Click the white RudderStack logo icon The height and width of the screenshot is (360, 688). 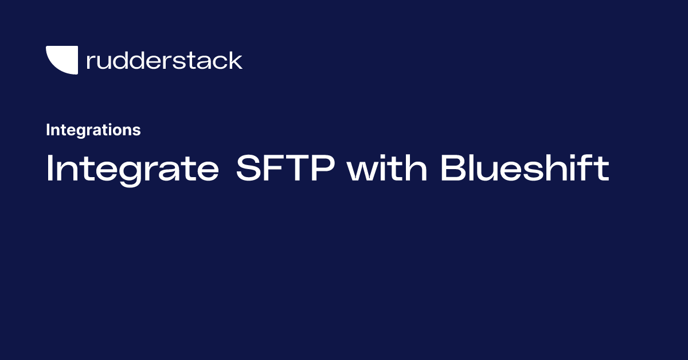[x=61, y=60]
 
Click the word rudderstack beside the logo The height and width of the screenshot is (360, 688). [x=164, y=60]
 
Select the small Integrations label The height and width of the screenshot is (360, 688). [x=93, y=130]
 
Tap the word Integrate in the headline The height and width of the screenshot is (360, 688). [x=132, y=169]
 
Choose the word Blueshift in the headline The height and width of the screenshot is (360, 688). [x=525, y=169]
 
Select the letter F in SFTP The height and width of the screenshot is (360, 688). [x=276, y=169]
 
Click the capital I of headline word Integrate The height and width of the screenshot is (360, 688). [x=49, y=169]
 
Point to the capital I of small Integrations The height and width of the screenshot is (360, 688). [x=48, y=130]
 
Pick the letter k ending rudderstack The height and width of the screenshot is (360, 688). [x=236, y=60]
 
